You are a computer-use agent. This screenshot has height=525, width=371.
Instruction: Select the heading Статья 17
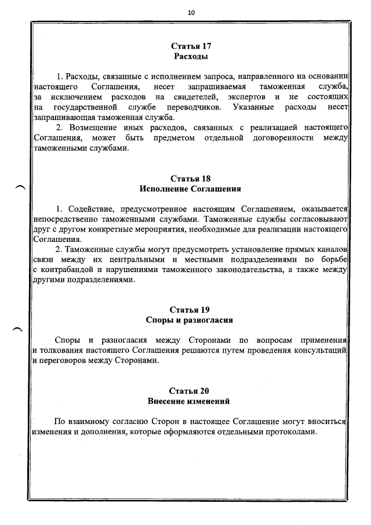click(x=191, y=45)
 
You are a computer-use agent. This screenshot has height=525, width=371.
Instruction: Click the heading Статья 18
click(x=191, y=178)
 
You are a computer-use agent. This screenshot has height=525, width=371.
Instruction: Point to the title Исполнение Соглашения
click(x=191, y=189)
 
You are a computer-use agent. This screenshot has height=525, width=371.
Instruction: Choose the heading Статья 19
click(x=191, y=309)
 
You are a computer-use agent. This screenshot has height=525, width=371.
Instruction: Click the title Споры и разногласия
click(x=191, y=320)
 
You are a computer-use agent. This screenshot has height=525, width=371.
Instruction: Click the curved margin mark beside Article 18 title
click(x=19, y=186)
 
